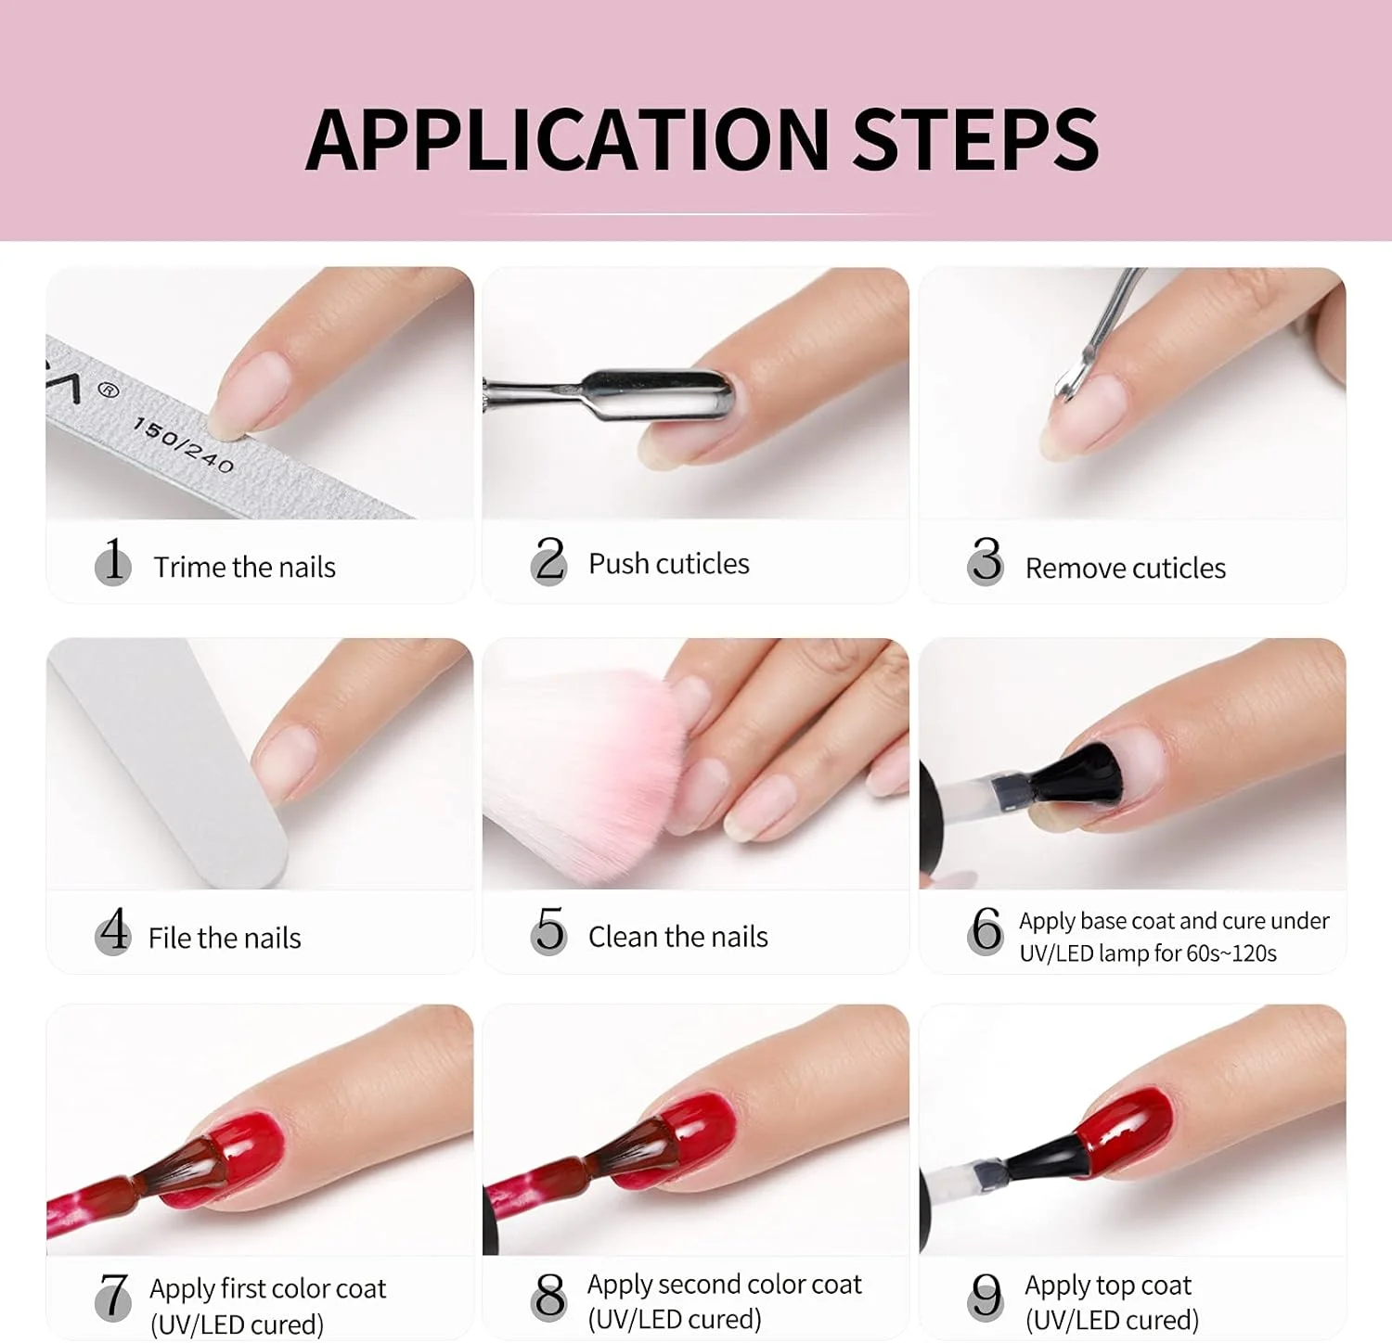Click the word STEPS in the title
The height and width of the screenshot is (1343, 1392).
point(975,139)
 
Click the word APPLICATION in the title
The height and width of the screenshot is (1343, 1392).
point(568,139)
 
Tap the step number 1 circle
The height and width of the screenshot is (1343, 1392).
point(113,561)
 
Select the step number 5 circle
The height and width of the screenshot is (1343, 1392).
point(549,930)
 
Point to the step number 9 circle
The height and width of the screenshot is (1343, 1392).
point(986,1296)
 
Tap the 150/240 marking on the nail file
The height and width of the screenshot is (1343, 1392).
point(183,444)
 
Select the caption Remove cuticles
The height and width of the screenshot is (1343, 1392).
point(1125,568)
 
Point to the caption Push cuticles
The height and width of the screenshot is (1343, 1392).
point(669,563)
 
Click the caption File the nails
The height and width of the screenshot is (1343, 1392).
point(225,938)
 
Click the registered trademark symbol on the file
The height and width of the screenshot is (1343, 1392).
point(109,390)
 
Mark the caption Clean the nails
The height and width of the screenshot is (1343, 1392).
point(678,937)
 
